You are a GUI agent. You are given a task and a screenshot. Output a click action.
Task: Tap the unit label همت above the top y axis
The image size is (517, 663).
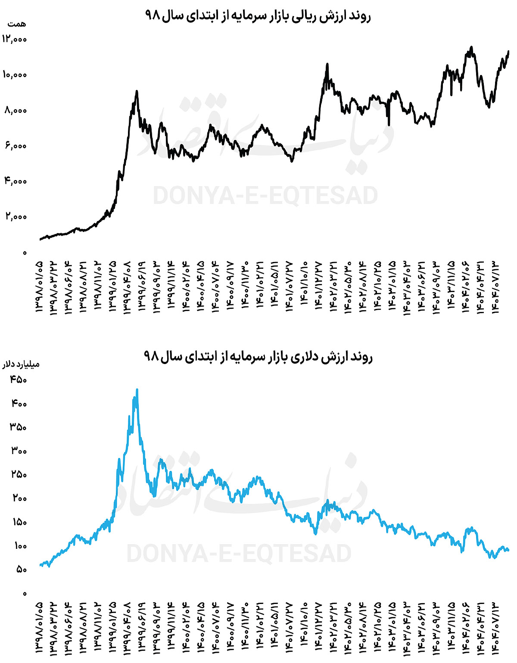point(17,24)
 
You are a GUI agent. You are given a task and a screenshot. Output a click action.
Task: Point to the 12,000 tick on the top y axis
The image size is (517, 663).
point(14,39)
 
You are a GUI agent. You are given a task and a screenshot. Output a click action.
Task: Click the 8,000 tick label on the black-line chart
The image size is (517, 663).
point(16,110)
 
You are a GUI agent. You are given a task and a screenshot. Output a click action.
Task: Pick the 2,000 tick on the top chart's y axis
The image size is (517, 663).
point(16,216)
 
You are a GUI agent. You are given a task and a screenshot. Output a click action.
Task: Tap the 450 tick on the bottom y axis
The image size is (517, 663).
point(19,380)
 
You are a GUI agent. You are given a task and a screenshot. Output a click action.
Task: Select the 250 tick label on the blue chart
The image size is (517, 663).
point(19,475)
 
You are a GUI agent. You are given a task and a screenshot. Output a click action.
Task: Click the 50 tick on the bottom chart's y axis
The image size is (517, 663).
point(21,570)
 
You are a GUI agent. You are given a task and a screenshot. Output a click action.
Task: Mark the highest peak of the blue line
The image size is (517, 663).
point(137,390)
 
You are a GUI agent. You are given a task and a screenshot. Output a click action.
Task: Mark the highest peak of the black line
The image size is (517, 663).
point(471,47)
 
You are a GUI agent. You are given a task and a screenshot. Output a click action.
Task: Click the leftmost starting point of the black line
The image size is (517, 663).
point(40,239)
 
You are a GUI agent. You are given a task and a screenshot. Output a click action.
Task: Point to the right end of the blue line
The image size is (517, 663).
point(508,550)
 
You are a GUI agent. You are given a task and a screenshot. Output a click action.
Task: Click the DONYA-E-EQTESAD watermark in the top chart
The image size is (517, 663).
point(265,196)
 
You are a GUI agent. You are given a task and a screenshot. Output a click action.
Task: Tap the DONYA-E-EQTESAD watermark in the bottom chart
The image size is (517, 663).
point(239,553)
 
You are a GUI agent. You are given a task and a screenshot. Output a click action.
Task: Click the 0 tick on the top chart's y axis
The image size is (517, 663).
point(25,252)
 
